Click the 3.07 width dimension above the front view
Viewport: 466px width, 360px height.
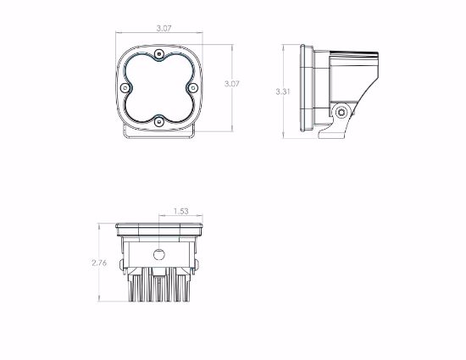coord(164,29)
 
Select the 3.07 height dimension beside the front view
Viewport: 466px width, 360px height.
coord(232,84)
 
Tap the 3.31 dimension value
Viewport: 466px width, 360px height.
coord(283,91)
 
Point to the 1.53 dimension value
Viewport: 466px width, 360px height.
coord(181,211)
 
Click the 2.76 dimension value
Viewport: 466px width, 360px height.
coord(99,263)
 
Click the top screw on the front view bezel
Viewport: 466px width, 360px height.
coord(159,53)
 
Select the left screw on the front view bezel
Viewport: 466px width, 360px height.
coord(125,87)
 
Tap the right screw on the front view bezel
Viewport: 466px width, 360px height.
coord(193,87)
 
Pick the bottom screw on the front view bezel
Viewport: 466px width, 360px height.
coord(159,121)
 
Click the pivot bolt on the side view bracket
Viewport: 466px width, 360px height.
coord(341,113)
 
